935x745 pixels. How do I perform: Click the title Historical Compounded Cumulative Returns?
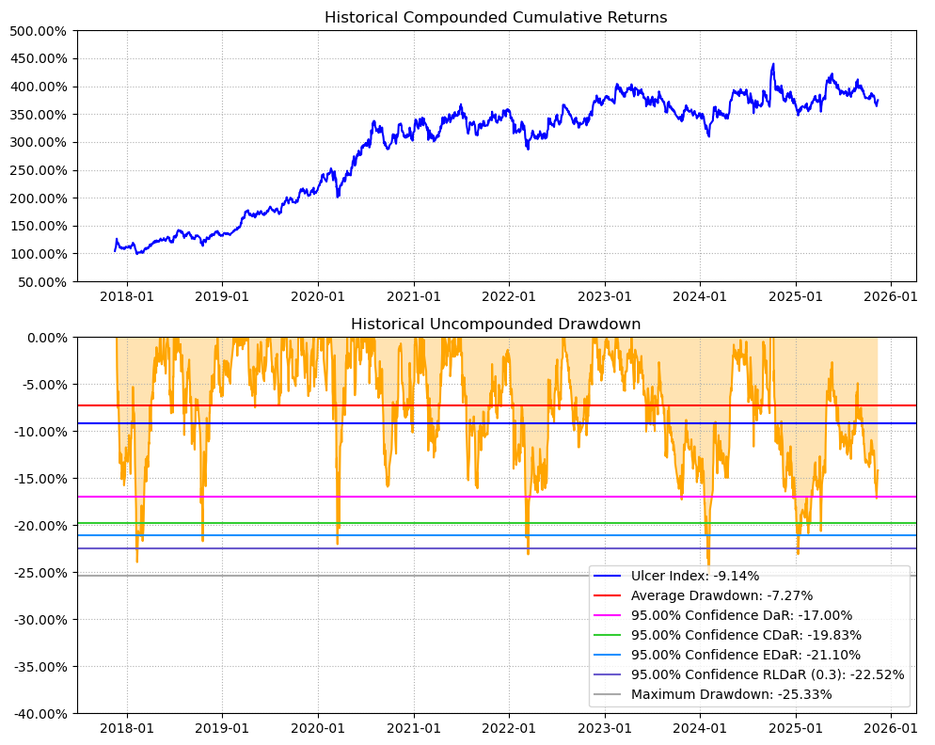496,17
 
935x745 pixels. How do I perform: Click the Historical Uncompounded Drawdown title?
496,324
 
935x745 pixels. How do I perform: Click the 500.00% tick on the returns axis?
38,31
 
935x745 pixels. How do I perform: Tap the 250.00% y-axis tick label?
38,170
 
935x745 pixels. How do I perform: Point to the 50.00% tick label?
41,282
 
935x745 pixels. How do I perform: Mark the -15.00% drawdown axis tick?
39,479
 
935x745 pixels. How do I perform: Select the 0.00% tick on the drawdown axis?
45,338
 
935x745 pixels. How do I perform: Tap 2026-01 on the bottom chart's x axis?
890,728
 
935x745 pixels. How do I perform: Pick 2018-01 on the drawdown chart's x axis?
126,728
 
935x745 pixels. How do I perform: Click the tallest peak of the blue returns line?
773,64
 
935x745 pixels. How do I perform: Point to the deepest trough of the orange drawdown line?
708,566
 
